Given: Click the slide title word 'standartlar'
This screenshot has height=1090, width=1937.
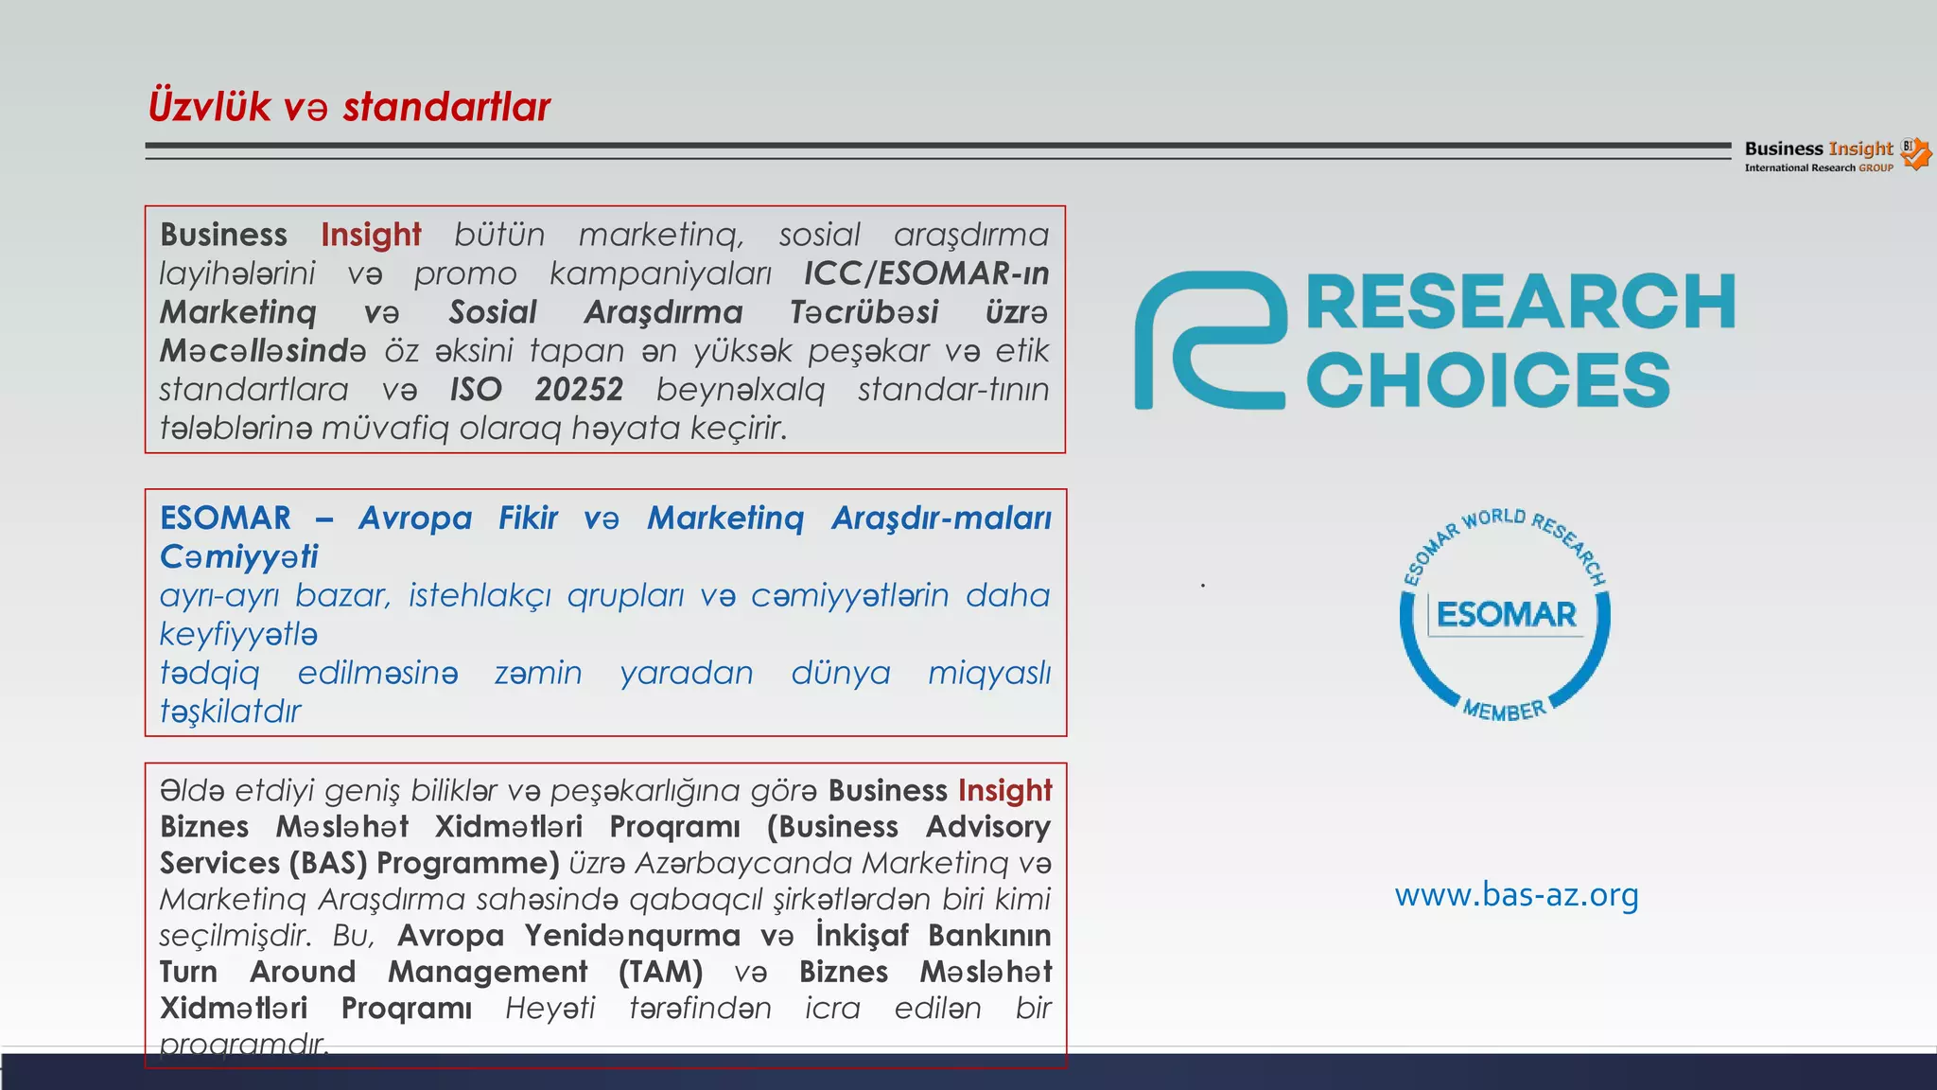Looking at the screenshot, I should tap(446, 107).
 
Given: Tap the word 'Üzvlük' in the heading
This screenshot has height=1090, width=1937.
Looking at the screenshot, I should tap(209, 105).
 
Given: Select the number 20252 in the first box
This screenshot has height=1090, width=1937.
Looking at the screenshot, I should tap(579, 389).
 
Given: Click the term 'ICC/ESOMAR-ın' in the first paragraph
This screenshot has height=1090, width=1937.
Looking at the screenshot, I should tap(926, 273).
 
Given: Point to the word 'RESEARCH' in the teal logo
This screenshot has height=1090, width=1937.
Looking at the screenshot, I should tap(1520, 303).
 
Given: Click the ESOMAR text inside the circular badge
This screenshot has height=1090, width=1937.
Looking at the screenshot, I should tap(1506, 615).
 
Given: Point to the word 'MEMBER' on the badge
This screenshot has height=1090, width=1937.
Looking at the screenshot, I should tap(1504, 710).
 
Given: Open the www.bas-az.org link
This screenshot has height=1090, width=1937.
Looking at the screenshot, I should tap(1516, 894).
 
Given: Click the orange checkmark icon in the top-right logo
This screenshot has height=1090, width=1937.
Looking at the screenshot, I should tap(1917, 154).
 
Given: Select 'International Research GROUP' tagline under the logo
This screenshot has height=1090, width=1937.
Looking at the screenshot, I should tap(1818, 168).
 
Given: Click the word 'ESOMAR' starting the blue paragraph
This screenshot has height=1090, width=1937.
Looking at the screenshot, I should tap(225, 519).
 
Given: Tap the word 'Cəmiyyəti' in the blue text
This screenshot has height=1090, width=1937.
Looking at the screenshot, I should tap(238, 557).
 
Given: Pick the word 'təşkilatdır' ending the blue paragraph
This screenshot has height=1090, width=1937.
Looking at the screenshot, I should tap(230, 712).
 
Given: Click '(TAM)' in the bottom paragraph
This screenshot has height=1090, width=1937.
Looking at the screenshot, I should tap(660, 972).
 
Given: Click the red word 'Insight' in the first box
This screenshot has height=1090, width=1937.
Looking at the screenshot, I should tap(371, 235).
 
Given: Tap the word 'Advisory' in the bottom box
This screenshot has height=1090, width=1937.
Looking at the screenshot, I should tap(987, 827).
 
